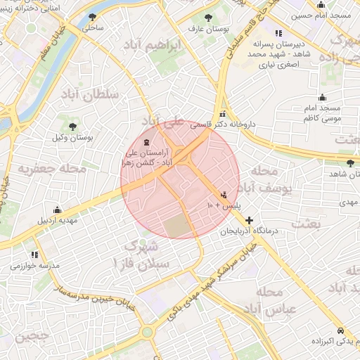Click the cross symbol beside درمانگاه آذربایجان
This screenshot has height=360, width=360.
click(x=249, y=220)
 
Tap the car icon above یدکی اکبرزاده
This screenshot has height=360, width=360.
click(x=340, y=330)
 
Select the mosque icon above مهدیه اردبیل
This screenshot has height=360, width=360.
click(x=58, y=210)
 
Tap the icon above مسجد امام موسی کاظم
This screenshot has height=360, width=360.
click(x=322, y=97)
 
